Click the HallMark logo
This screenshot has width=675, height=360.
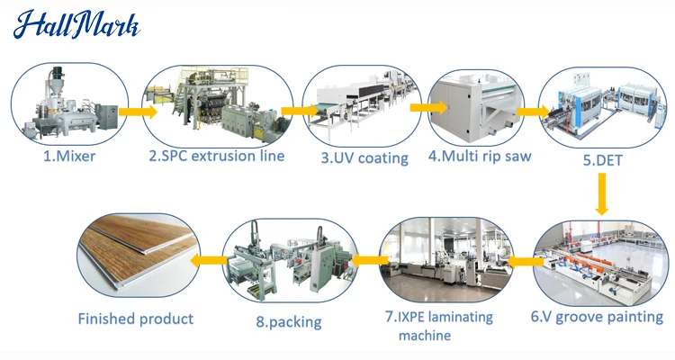point(76,24)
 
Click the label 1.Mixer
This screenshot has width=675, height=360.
point(68,155)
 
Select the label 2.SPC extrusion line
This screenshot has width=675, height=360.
point(217,156)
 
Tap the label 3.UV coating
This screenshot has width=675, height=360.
point(364,157)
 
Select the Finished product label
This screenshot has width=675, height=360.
point(135,319)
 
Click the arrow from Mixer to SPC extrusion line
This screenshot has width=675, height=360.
point(136,112)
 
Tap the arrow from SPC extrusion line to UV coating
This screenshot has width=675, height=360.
point(294,111)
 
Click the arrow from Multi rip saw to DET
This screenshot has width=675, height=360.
point(533,112)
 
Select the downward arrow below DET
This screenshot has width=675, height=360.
point(601,193)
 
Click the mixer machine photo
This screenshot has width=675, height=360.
point(67,106)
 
